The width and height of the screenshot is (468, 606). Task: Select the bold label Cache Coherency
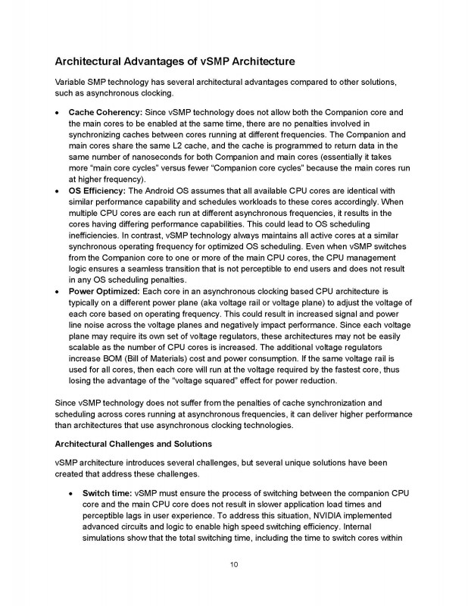(99, 111)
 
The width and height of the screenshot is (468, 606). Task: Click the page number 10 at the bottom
(234, 564)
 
